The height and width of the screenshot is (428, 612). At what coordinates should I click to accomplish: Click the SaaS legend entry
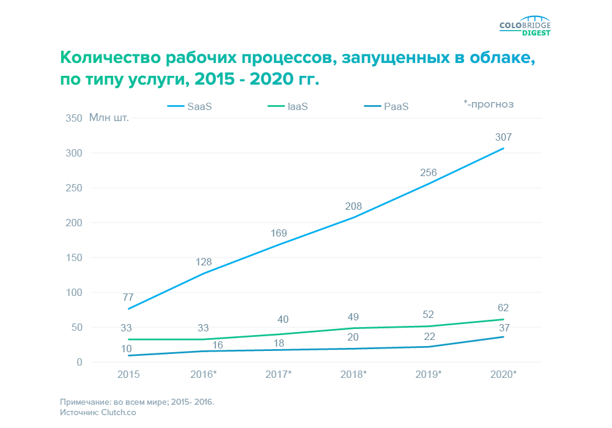click(190, 106)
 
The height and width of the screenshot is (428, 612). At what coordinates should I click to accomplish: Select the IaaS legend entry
click(288, 106)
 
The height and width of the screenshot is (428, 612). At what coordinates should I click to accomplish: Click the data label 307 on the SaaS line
click(503, 138)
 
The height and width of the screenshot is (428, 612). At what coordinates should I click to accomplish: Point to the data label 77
click(128, 298)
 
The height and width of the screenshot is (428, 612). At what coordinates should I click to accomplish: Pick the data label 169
click(278, 233)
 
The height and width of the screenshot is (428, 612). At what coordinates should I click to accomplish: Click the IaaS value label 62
click(503, 308)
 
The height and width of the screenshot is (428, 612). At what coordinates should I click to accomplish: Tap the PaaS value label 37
click(503, 328)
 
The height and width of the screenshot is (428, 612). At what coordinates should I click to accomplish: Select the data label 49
click(353, 317)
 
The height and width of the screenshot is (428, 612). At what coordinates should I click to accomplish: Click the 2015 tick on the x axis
click(128, 374)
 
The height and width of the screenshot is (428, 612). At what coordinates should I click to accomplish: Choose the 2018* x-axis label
click(353, 374)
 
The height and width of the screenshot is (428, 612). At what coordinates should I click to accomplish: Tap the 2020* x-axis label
click(503, 374)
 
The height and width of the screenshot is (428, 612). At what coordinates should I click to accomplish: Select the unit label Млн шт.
click(110, 117)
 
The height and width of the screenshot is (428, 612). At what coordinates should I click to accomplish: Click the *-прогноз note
click(488, 104)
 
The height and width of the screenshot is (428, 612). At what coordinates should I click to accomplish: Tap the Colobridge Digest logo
click(525, 28)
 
